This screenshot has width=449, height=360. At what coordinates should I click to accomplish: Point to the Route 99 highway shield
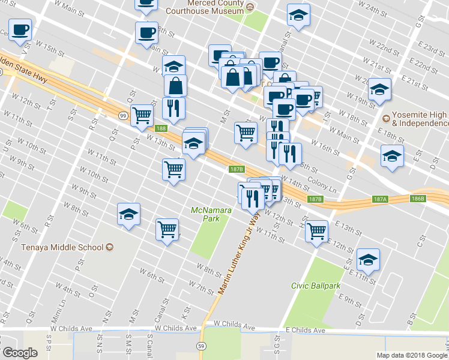(x=122, y=115)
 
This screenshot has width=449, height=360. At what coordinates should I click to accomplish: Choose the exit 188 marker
(x=160, y=128)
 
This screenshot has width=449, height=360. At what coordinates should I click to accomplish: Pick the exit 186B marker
(x=418, y=198)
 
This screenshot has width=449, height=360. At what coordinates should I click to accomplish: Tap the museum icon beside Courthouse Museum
(x=251, y=7)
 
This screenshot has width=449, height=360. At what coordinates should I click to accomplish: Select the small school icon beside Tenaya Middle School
(x=109, y=247)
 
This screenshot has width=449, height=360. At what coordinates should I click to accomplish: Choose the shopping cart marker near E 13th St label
(x=316, y=230)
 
